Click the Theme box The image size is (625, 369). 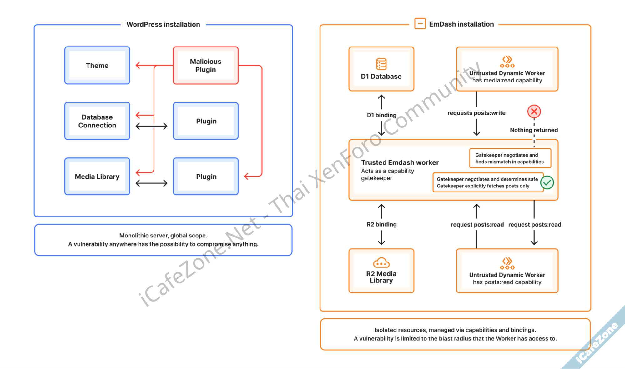coord(97,66)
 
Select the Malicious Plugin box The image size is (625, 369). coord(205,66)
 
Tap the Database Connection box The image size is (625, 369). coord(97,121)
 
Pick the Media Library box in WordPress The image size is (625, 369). coord(97,177)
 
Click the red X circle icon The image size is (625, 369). coord(534,112)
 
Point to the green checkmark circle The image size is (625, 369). coord(547,182)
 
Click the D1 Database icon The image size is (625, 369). coord(381,64)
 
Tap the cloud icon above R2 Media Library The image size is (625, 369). coord(381,263)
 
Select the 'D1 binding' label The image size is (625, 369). coord(381,115)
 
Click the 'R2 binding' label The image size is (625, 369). coord(381,224)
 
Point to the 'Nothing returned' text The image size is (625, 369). coord(534,130)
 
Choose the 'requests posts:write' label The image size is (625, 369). coord(476,113)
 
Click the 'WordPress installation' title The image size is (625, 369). coord(163,24)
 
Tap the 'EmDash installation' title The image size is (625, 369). coord(461,24)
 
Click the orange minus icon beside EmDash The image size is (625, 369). coord(420,23)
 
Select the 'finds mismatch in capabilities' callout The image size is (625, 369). coord(510,158)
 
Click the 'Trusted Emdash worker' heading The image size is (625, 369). coord(400,162)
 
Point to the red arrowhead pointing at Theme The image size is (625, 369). coord(138,66)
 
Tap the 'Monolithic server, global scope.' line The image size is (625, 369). coord(163,236)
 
